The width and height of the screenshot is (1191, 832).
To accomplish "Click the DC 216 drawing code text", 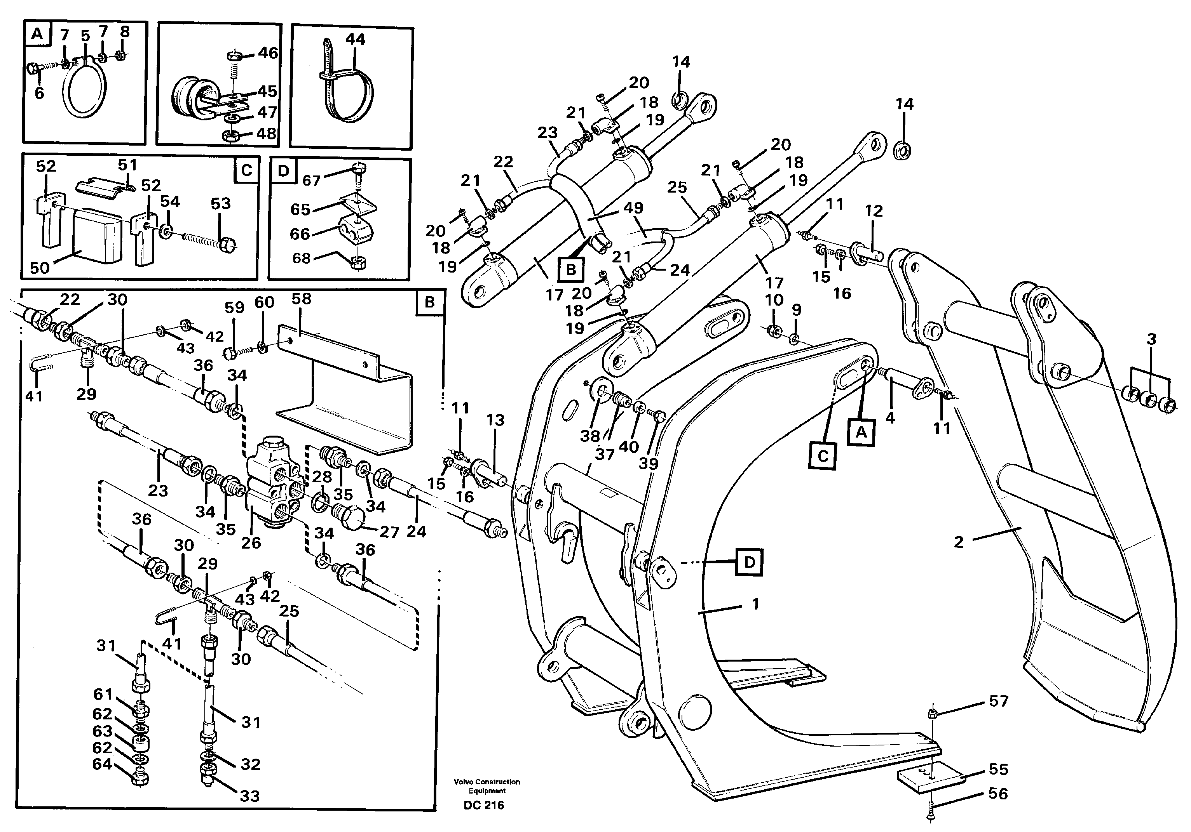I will [x=483, y=805].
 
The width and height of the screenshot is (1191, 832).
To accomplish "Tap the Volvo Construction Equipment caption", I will [x=487, y=786].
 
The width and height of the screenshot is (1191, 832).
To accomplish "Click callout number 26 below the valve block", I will [x=251, y=543].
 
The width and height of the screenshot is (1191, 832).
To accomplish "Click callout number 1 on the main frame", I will [x=755, y=604].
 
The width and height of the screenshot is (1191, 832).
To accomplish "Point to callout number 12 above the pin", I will [x=874, y=210].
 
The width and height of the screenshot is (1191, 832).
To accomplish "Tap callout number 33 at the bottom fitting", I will [x=249, y=796].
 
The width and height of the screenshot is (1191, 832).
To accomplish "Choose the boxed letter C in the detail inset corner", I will [x=246, y=170].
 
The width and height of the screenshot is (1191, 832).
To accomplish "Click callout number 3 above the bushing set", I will [x=1151, y=340].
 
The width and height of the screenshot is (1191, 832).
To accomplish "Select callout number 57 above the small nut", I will [x=998, y=702].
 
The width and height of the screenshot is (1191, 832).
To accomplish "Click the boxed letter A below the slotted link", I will [x=861, y=432].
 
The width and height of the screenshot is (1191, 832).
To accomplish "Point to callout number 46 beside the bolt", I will [x=268, y=52].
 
